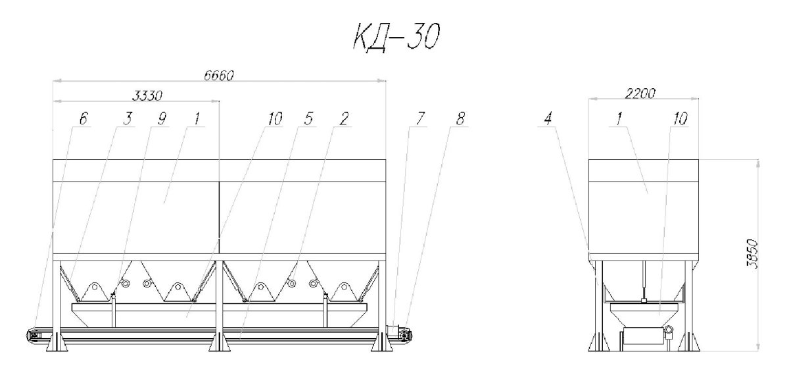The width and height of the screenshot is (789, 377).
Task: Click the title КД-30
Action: [x=396, y=36]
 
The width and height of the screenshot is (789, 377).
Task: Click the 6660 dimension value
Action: [x=219, y=76]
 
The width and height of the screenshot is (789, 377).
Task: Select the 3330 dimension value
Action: [x=147, y=95]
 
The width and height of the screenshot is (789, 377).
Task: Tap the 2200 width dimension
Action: [x=640, y=93]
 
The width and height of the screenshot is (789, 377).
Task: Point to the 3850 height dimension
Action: [x=753, y=254]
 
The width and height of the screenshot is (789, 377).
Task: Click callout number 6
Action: [x=83, y=118]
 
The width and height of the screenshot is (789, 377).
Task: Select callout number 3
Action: [x=128, y=118]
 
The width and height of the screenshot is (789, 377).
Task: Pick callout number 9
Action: [x=161, y=118]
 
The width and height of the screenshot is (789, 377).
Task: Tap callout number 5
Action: [x=308, y=118]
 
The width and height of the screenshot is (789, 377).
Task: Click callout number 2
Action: [x=344, y=118]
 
